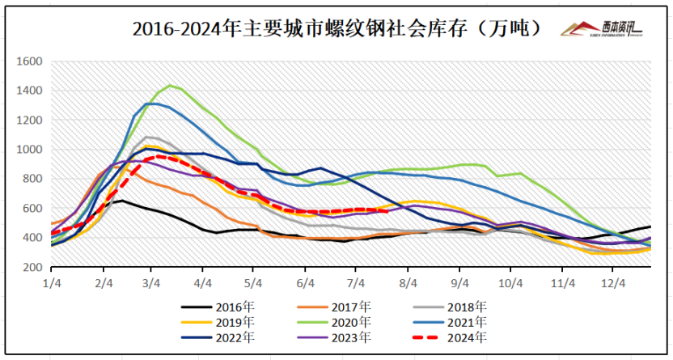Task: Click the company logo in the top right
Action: point(602,29)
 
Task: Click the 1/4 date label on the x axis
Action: point(52,283)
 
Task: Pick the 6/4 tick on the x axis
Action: point(306,283)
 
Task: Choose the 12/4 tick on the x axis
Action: point(613,283)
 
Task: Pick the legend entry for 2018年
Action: point(468,307)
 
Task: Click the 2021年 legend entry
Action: point(468,322)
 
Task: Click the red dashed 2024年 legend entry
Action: point(468,337)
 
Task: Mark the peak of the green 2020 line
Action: point(169,85)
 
